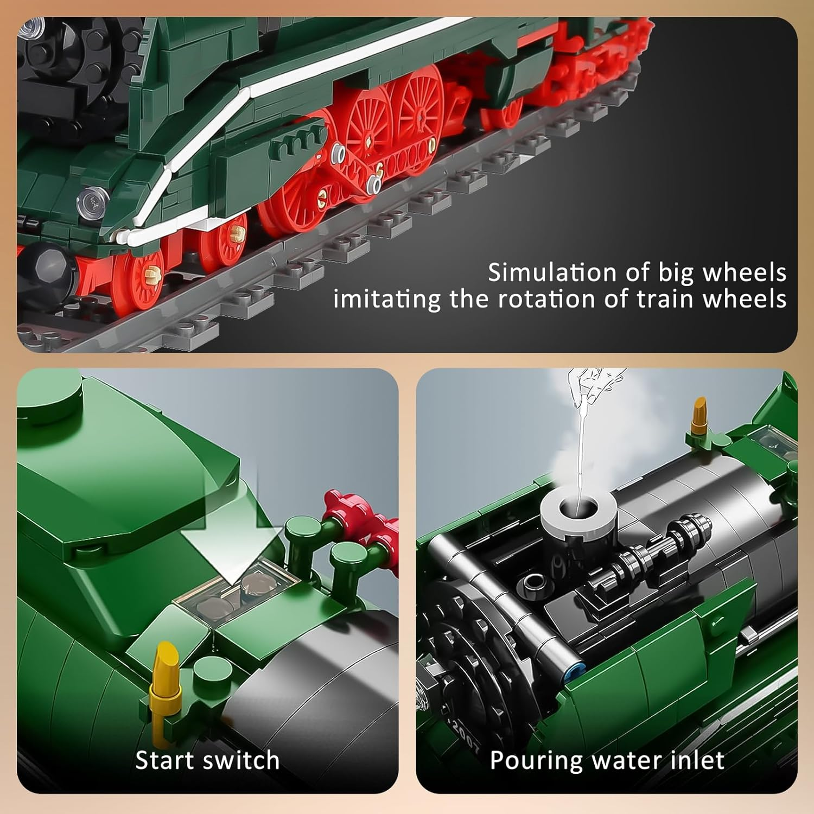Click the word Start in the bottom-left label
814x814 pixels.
pyautogui.click(x=166, y=760)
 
